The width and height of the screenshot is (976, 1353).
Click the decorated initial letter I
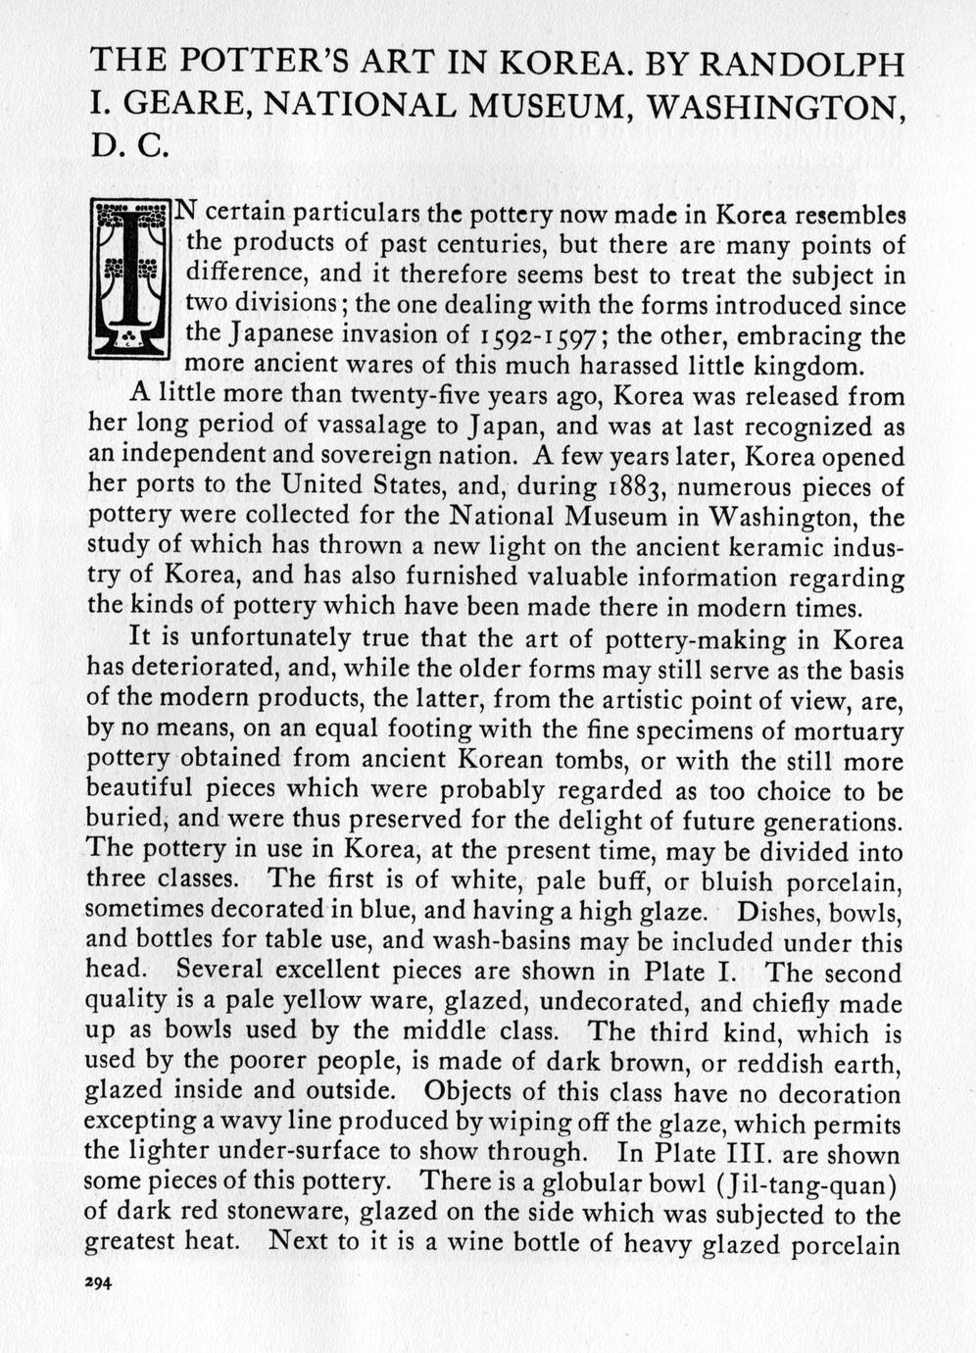129,277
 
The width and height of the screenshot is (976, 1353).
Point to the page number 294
99,1283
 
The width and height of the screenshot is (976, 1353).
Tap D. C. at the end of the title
125,147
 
